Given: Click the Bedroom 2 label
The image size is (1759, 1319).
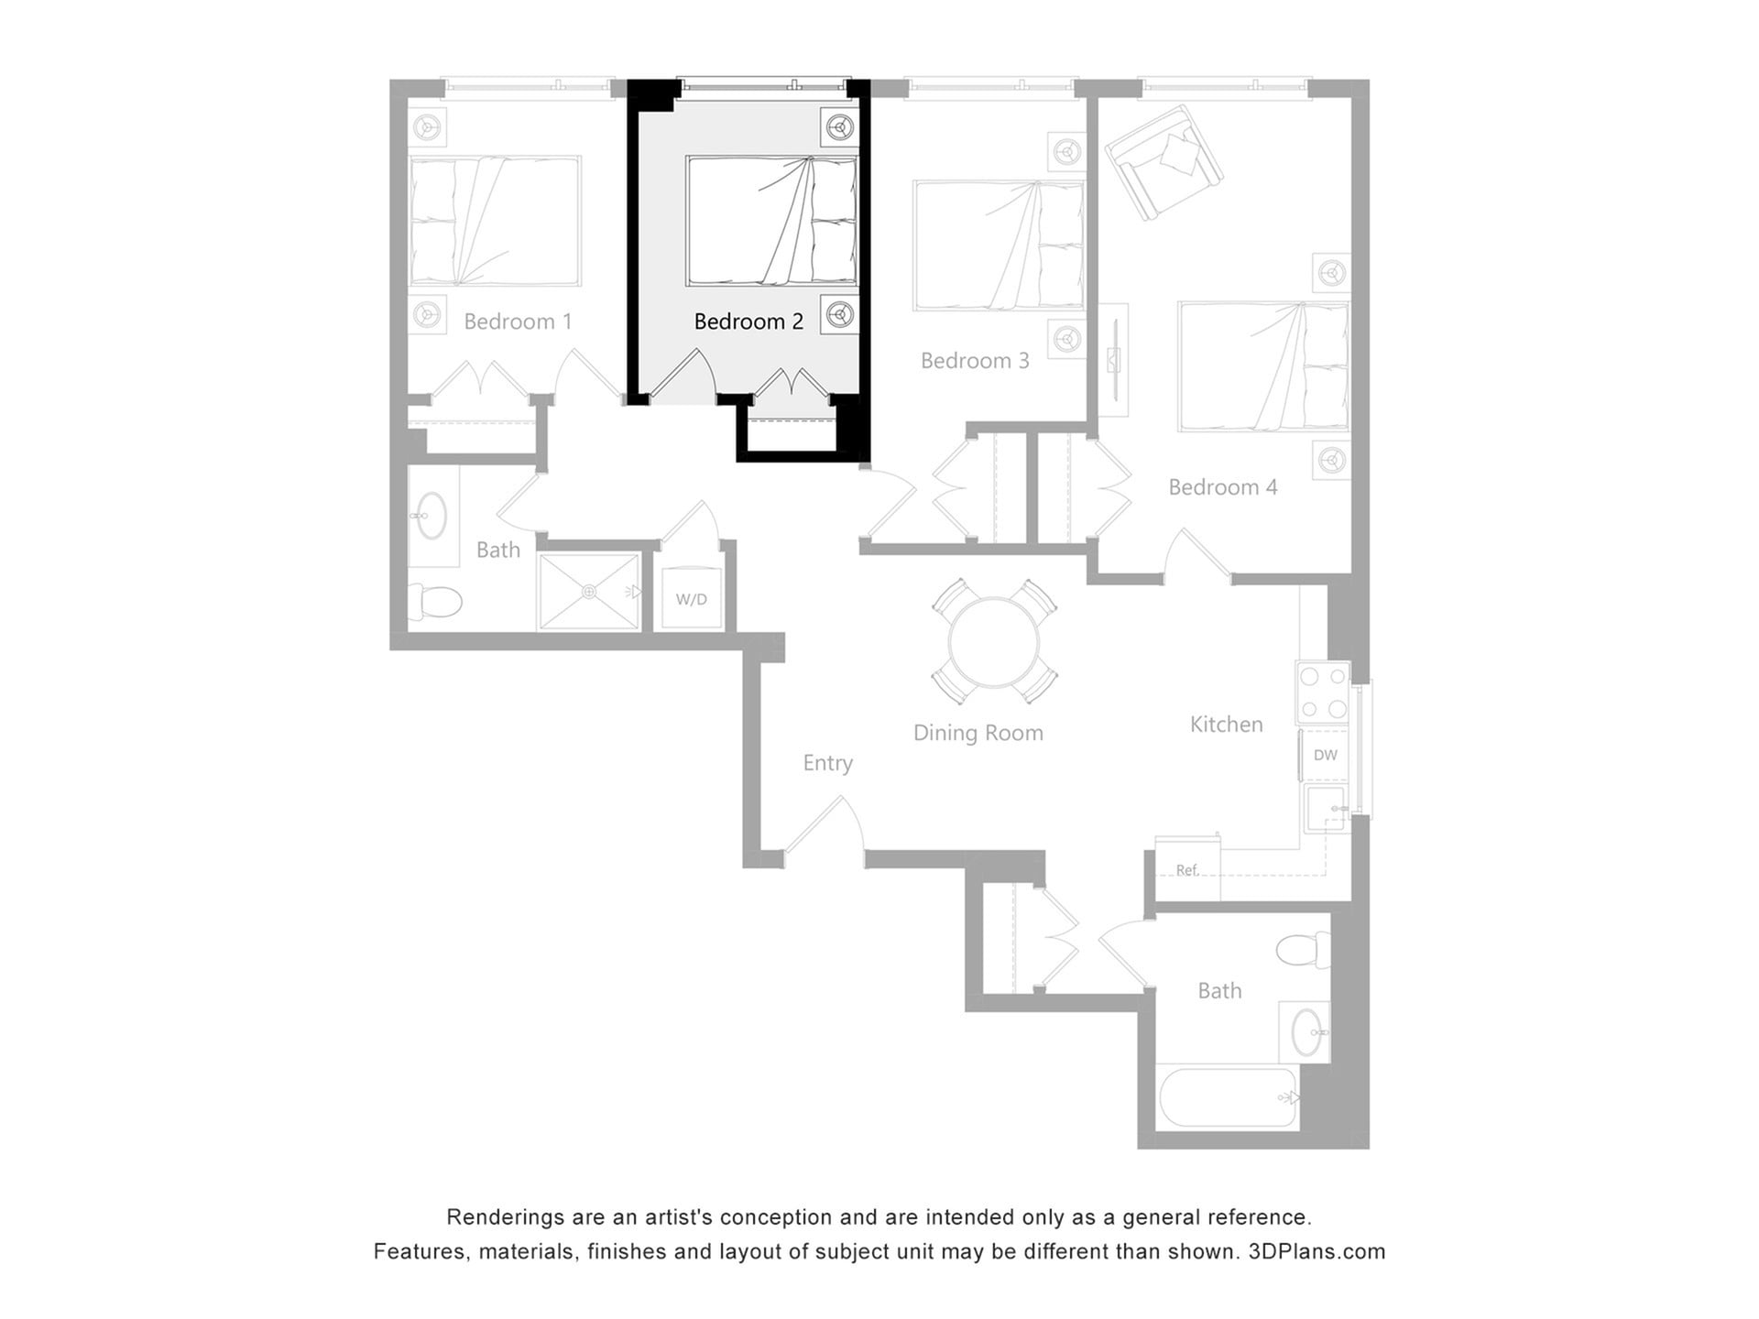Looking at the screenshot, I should pos(748,322).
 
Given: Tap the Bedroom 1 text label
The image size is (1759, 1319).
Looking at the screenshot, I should pos(518,322).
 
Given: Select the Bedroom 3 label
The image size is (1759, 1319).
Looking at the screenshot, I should pos(975,361).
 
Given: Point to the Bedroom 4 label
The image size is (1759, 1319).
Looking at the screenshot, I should pos(1222,487).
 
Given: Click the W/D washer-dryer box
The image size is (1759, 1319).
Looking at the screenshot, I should pos(692,599).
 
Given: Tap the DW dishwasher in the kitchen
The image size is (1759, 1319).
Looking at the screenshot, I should pos(1325,755).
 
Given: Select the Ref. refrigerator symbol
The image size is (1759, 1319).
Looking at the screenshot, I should pos(1187,869).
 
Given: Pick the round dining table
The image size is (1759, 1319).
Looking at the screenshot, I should pos(994,642).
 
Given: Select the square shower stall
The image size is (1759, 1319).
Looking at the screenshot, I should pos(588,592).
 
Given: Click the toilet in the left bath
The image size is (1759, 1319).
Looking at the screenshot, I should pos(437,602).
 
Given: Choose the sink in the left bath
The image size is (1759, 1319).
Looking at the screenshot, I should pos(431,516).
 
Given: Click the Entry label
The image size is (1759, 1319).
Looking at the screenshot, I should pos(827,763).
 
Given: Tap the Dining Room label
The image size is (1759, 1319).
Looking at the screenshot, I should pos(978,733).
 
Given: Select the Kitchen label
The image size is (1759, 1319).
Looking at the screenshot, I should pos(1226,725).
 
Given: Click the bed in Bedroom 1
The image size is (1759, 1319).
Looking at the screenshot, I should pos(495,221).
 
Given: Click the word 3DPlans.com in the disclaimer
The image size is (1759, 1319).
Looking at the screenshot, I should pos(1317,1252).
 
